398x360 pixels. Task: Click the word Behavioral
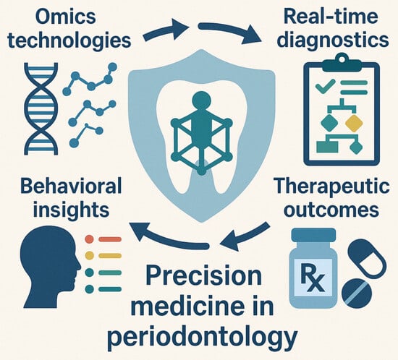(71, 187)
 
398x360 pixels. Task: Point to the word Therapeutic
(332, 187)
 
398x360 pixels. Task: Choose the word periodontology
(202, 336)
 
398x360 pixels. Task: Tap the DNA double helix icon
(41, 109)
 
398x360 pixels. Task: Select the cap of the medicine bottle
(314, 235)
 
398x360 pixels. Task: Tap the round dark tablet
(357, 293)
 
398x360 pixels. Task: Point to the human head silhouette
(50, 269)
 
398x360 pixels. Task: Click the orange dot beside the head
(89, 239)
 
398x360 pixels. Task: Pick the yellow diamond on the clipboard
(354, 124)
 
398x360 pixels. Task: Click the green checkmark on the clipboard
(325, 85)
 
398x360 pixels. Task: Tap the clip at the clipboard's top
(342, 63)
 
